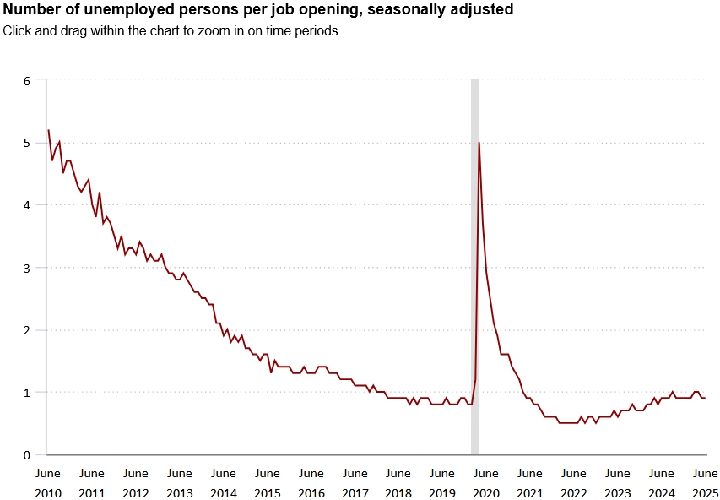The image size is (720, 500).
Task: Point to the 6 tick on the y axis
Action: (27, 81)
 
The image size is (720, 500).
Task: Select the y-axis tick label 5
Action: (27, 144)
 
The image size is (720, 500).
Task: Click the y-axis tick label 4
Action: (27, 205)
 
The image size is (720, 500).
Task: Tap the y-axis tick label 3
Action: (27, 268)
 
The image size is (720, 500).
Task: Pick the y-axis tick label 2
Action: (27, 330)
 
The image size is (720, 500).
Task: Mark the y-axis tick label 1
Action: (27, 393)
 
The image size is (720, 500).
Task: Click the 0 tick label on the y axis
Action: (27, 455)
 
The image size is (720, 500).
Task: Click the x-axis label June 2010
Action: (47, 483)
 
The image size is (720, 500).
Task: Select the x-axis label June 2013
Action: (179, 483)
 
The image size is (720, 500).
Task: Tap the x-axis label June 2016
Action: (311, 483)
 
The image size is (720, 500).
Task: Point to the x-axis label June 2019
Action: (442, 483)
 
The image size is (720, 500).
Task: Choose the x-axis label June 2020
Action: (486, 483)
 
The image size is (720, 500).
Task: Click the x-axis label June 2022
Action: (574, 483)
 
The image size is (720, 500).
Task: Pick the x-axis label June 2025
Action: (705, 483)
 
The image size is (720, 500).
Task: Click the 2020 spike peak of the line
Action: (479, 143)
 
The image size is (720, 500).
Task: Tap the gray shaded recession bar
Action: (474, 253)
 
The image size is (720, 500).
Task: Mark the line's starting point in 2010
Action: (48, 130)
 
